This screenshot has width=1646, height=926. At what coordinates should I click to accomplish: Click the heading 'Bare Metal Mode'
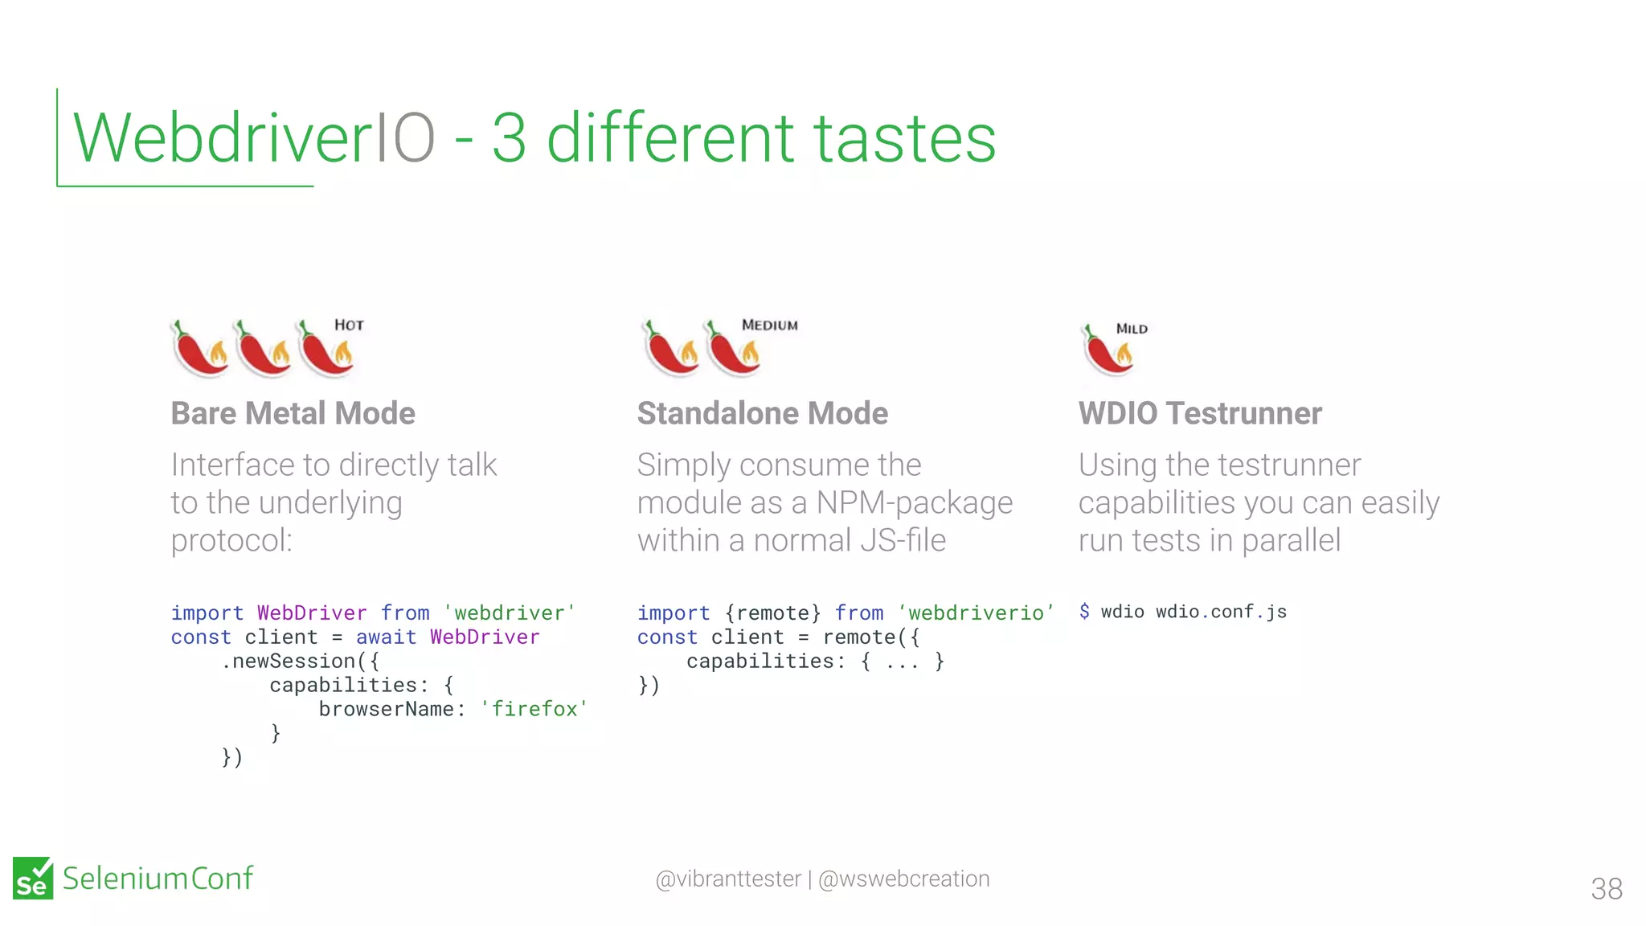tap(293, 413)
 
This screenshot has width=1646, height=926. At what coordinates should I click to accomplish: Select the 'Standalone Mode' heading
tap(762, 413)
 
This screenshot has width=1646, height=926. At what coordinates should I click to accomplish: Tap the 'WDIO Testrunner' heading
tap(1199, 413)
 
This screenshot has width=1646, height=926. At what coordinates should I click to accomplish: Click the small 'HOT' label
tap(349, 325)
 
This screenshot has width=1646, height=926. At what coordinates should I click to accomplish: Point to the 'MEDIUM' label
tap(769, 325)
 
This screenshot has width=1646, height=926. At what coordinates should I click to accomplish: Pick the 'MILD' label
tap(1132, 329)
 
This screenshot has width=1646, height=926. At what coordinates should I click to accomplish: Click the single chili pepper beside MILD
tap(1108, 350)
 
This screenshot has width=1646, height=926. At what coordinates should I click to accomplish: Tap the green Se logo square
tap(33, 878)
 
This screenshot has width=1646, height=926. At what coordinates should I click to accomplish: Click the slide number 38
tap(1606, 888)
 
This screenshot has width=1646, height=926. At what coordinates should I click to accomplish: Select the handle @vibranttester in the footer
tap(728, 879)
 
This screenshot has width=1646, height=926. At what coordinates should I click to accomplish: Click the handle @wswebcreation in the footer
tap(903, 879)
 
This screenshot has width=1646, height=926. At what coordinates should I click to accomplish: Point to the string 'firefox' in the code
tap(534, 709)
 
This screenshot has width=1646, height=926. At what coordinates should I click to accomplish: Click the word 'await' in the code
tap(387, 637)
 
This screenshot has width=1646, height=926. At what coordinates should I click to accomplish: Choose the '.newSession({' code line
tap(300, 662)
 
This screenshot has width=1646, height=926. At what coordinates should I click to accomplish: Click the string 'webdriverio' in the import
tap(976, 613)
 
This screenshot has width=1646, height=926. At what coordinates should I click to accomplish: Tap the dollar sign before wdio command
tap(1084, 612)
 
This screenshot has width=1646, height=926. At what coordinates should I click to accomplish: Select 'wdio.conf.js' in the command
tap(1221, 612)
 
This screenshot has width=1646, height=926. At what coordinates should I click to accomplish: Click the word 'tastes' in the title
tap(905, 138)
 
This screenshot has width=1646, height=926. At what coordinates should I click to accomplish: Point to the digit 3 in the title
tap(509, 138)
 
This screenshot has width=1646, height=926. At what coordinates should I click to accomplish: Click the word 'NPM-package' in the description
tap(914, 502)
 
